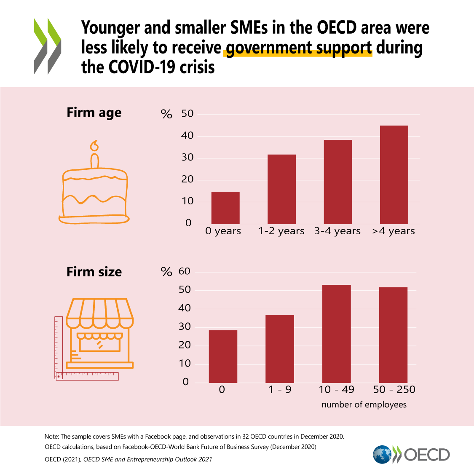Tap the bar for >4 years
(x=394, y=174)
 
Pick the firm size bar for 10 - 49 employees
(x=336, y=334)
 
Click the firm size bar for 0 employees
(x=223, y=356)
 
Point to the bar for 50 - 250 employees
(x=393, y=335)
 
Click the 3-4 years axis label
(x=337, y=231)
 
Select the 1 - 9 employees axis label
(x=280, y=389)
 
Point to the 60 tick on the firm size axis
(x=185, y=271)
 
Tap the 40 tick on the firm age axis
(x=187, y=136)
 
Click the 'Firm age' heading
(x=94, y=113)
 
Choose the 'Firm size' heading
(x=94, y=272)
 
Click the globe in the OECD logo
(x=382, y=455)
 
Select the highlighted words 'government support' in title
(x=299, y=48)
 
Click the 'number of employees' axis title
(x=364, y=404)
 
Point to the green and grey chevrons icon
(x=47, y=46)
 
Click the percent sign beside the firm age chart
(x=166, y=114)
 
